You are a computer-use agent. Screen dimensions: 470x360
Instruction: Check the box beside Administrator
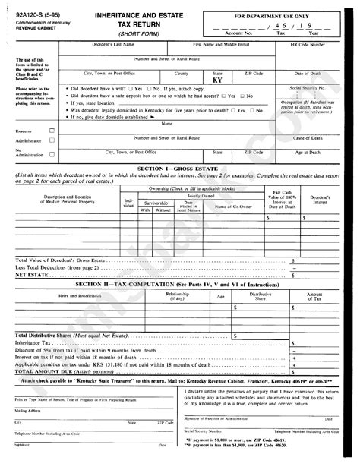[52, 140]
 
